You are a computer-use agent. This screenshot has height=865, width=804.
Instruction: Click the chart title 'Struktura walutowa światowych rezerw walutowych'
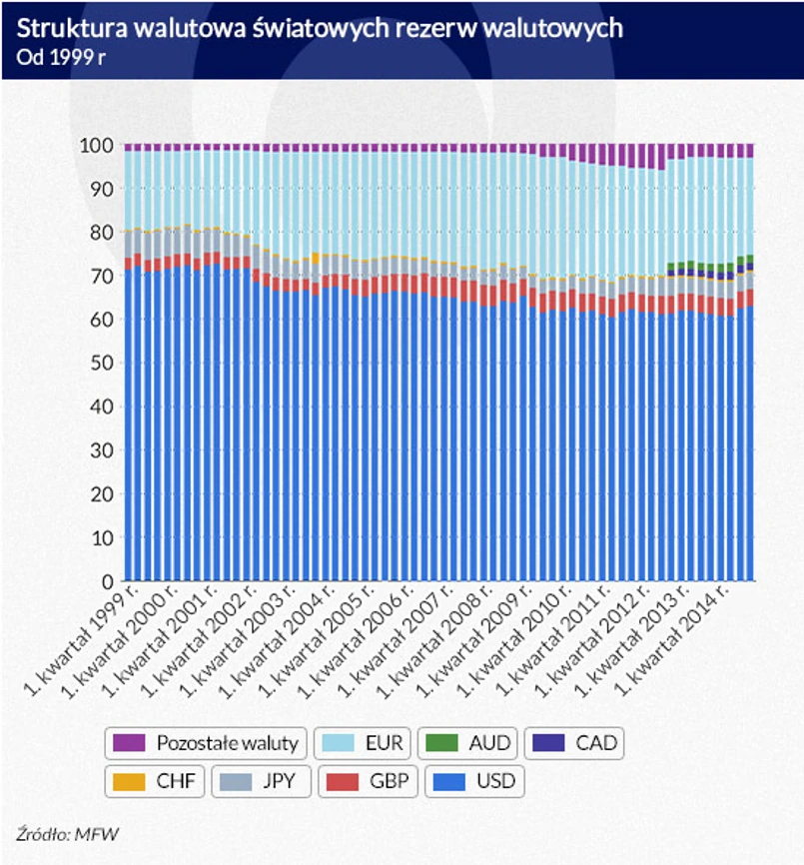[320, 28]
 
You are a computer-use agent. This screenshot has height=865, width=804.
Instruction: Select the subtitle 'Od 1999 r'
[61, 56]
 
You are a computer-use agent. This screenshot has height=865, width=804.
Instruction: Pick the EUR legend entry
[364, 743]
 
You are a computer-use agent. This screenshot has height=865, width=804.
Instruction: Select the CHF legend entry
[155, 780]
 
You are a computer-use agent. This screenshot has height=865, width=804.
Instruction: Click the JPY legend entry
[263, 780]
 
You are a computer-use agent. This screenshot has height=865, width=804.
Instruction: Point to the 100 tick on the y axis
[95, 145]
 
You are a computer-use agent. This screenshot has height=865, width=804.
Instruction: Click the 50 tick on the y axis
[100, 364]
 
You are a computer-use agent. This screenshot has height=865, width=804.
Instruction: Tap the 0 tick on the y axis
[105, 581]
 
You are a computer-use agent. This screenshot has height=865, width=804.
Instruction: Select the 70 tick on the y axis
[100, 276]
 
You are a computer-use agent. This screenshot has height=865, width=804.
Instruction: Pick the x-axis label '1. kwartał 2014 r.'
[679, 639]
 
